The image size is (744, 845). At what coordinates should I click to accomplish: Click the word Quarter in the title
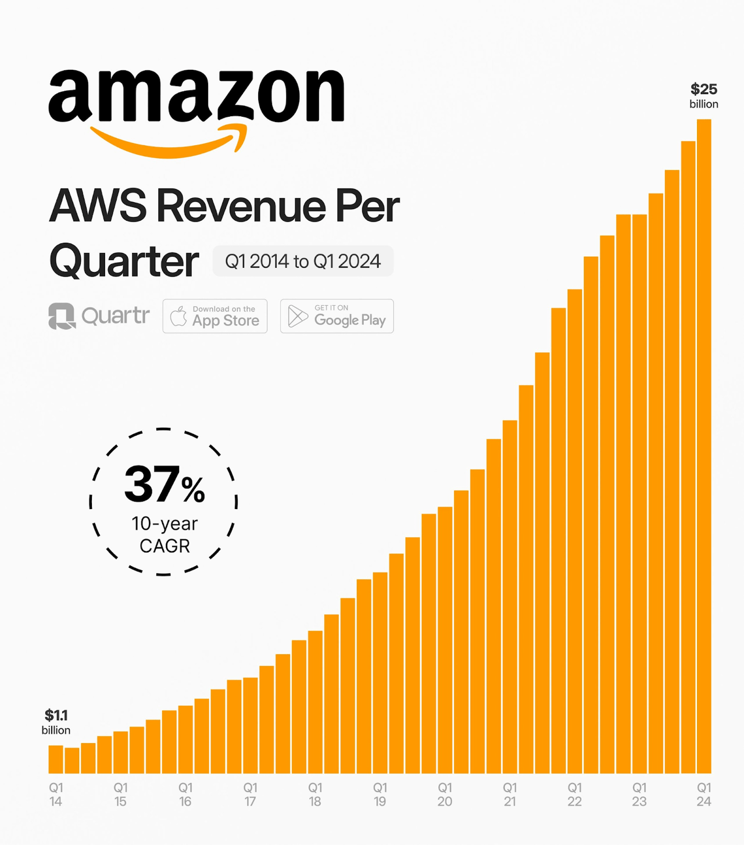coord(124,261)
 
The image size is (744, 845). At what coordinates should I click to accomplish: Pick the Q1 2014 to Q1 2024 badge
coord(303,261)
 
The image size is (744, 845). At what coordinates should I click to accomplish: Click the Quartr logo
coord(99,316)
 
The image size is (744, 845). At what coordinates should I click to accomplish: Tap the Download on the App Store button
coord(215,316)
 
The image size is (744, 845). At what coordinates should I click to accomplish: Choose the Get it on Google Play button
coord(337,316)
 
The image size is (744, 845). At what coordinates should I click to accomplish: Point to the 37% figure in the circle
coord(164,485)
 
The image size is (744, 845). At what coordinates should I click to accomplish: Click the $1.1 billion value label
coord(56,721)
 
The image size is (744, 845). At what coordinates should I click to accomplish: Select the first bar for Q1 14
coord(56,759)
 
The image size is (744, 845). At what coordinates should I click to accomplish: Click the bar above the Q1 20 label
coord(445,639)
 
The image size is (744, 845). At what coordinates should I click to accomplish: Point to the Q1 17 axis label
coord(250,794)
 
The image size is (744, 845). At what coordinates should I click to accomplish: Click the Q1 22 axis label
coord(574,794)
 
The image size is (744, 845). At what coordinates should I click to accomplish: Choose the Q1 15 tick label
coord(120,794)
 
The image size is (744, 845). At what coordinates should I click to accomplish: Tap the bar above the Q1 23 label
coord(639,494)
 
